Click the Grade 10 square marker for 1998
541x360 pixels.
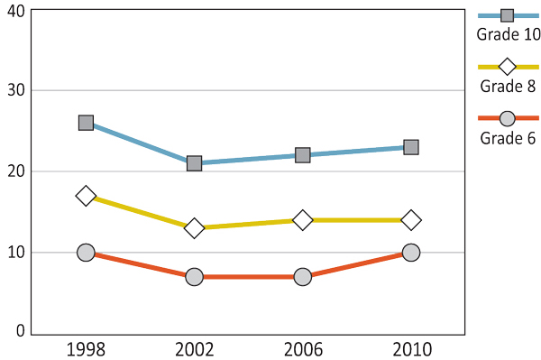coord(86,123)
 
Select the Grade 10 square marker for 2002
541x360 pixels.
coord(194,163)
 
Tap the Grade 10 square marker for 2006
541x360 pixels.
coord(302,155)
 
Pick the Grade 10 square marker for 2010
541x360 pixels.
coord(410,147)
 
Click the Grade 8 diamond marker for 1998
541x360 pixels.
coord(86,196)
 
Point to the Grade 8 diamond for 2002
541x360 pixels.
coord(194,228)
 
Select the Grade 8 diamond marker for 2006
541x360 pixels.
coord(302,220)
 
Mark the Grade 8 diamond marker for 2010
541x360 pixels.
coord(410,220)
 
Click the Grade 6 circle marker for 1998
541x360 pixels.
coord(86,253)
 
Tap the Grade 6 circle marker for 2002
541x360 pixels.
coord(194,277)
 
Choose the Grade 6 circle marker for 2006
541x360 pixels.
coord(302,277)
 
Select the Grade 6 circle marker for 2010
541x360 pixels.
coord(410,253)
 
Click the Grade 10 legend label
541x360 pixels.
coord(508,35)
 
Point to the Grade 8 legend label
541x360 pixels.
coord(508,87)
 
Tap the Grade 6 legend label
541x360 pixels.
coord(508,138)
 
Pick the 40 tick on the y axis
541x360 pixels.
coord(14,10)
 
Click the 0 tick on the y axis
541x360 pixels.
coord(19,331)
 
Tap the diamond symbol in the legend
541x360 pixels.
coord(507,67)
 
